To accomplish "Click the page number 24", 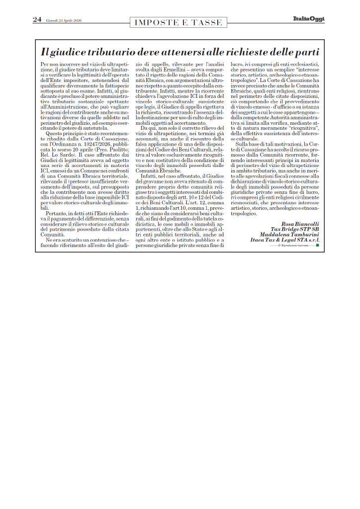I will click(x=37, y=19).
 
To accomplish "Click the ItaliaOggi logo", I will click(x=308, y=19).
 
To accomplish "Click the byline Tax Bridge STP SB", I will click(x=295, y=229).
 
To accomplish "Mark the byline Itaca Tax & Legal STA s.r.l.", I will click(x=285, y=240).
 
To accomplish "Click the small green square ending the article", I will click(x=318, y=245).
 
